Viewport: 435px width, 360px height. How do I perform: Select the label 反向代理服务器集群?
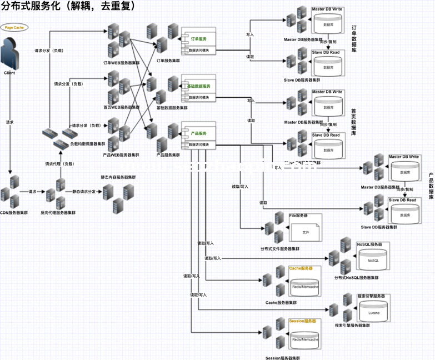pyautogui.click(x=58, y=213)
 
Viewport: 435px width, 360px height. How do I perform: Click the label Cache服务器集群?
pyautogui.click(x=281, y=303)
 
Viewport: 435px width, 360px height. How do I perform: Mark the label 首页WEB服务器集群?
pyautogui.click(x=122, y=107)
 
